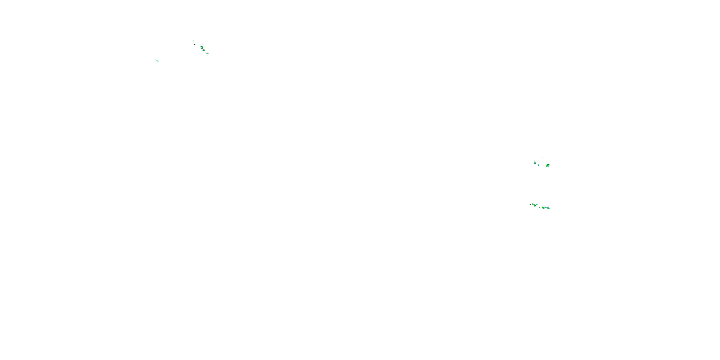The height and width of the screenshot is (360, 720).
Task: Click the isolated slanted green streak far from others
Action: (x=157, y=60)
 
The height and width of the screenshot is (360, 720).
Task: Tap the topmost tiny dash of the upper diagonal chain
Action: (x=194, y=41)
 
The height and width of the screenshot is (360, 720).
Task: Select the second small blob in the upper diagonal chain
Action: (x=195, y=44)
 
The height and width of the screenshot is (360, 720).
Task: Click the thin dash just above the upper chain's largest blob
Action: (x=200, y=45)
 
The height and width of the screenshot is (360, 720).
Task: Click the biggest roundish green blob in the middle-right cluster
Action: (x=548, y=165)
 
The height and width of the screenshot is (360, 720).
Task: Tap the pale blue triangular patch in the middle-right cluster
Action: (x=539, y=165)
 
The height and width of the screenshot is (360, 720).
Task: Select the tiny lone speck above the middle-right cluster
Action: (x=542, y=159)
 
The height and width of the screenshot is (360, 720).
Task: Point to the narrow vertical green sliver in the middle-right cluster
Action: (x=537, y=163)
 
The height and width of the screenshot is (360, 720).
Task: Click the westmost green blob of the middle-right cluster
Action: (x=534, y=163)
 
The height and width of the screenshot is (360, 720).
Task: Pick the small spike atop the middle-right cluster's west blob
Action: (x=535, y=161)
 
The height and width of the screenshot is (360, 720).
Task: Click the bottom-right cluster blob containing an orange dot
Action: (x=543, y=208)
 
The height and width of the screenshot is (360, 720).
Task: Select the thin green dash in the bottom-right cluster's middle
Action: (x=539, y=207)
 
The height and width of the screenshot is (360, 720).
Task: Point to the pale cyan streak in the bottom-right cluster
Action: (x=537, y=204)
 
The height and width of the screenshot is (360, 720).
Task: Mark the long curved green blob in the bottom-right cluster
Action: (x=534, y=205)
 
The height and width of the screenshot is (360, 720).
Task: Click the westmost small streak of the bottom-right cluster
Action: (x=531, y=204)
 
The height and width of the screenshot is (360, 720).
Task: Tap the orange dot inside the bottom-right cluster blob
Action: (x=543, y=208)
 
